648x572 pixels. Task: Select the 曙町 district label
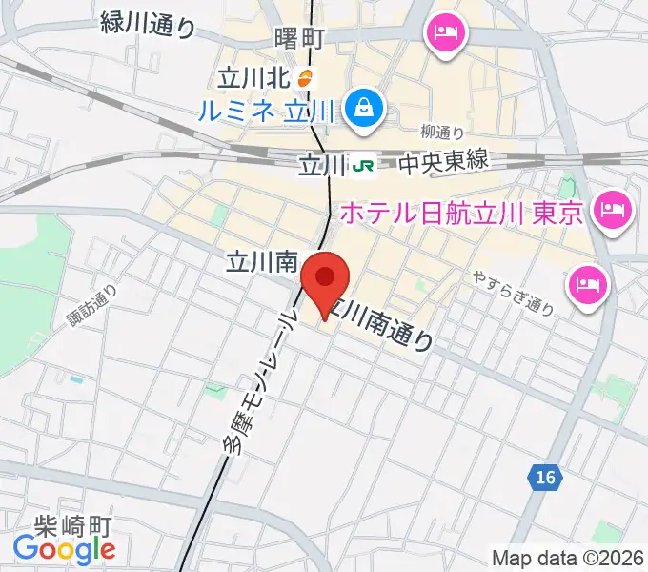click(x=299, y=39)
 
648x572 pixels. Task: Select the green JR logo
click(x=363, y=166)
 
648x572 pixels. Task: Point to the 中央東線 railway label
click(x=442, y=162)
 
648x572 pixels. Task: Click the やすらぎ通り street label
click(x=513, y=294)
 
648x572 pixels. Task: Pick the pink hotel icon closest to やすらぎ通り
click(x=586, y=283)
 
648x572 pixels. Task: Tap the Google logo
click(x=65, y=549)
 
